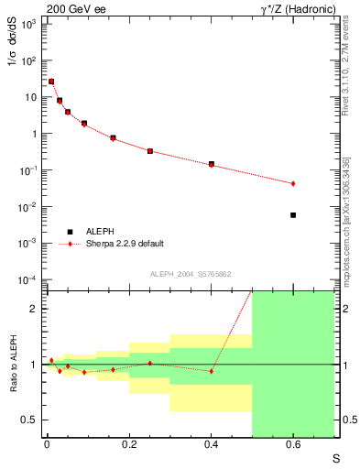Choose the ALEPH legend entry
98,232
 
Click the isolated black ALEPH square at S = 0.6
293,215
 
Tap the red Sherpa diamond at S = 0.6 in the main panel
293,183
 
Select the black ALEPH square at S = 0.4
212,164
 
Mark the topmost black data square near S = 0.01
51,82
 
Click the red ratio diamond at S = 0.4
212,371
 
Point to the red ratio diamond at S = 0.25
149,364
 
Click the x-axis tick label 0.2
128,446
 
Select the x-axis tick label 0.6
293,446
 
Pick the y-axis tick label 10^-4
28,279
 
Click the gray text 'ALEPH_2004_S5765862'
190,274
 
